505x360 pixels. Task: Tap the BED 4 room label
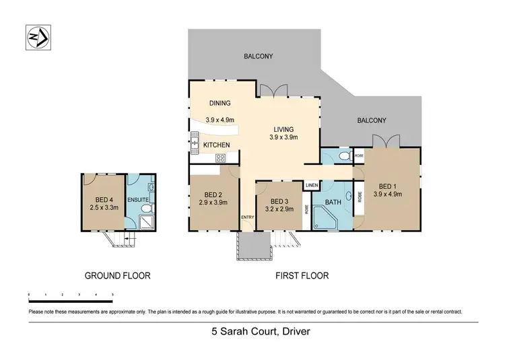click(104, 199)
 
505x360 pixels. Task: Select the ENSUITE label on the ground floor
click(139, 199)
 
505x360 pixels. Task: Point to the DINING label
click(220, 104)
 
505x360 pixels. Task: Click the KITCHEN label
click(217, 145)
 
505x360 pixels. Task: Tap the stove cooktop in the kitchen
click(220, 158)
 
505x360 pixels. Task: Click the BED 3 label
click(279, 201)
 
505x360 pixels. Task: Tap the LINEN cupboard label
click(311, 185)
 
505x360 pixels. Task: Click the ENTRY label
click(248, 217)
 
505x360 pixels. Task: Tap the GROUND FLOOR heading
click(117, 275)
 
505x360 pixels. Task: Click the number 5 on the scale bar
click(112, 295)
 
